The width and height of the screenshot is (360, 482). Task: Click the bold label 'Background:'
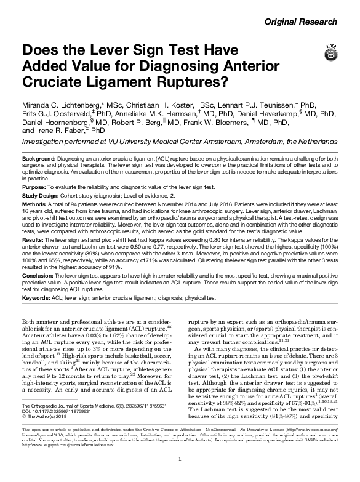coord(39,159)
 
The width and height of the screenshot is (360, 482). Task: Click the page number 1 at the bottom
coord(180,460)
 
